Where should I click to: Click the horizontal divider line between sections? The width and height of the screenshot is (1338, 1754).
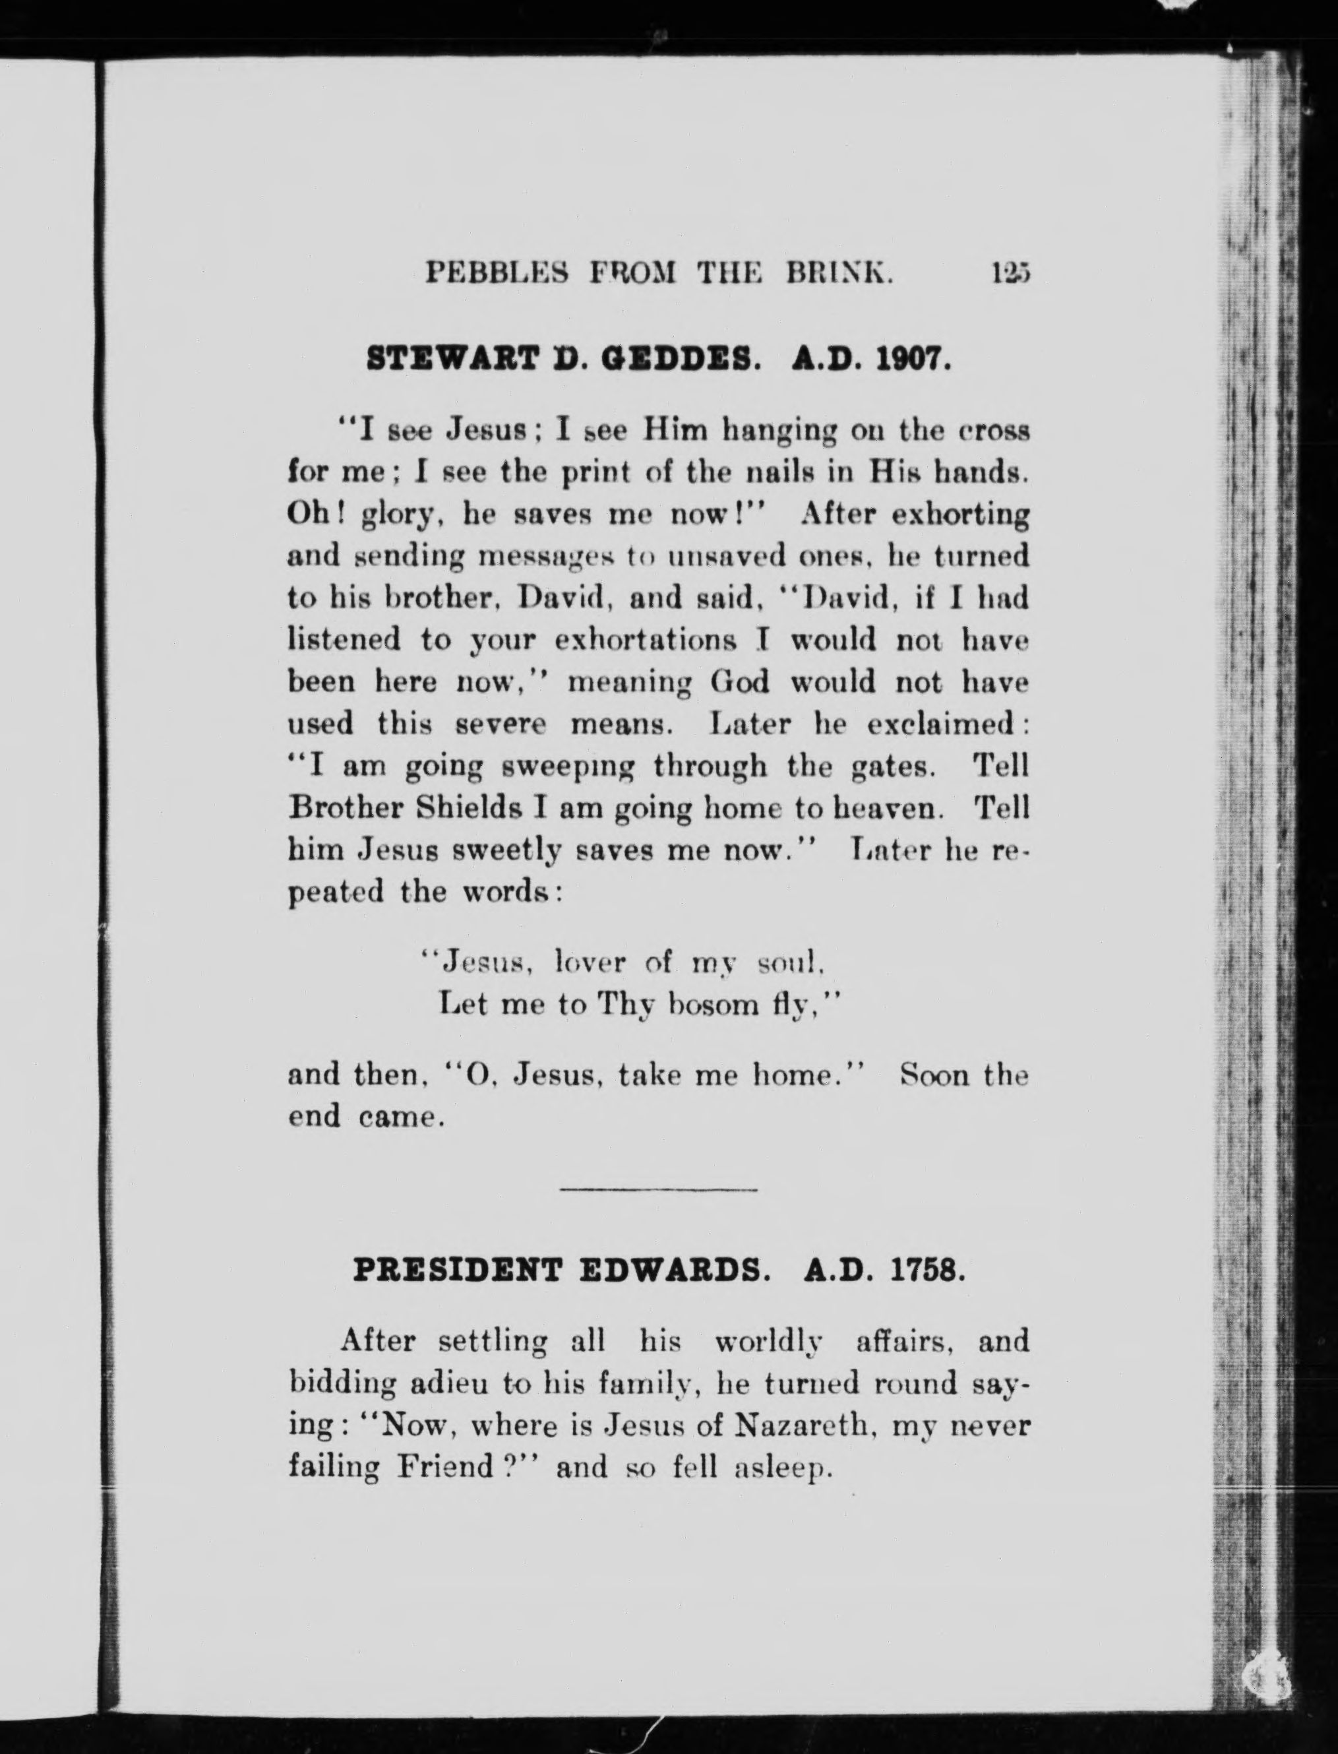[x=659, y=1190]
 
